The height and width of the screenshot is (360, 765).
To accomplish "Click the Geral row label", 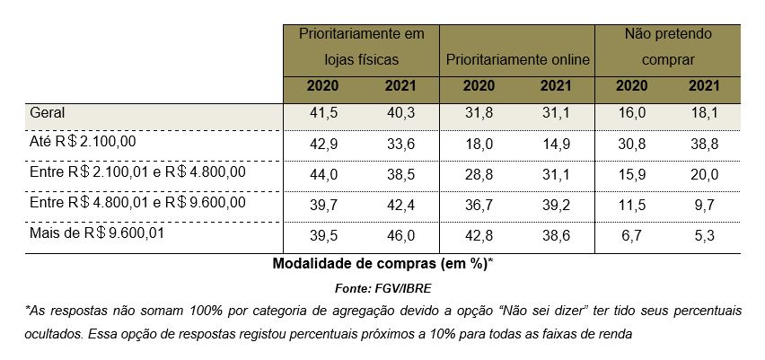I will pos(48,114).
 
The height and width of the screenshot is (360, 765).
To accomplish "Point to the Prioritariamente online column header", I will pos(517,60).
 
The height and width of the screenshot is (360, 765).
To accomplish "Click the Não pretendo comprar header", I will pos(668,48).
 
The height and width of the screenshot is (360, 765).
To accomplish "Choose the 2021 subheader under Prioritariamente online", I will pos(556,87).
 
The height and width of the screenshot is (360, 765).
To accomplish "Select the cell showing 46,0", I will pos(400,236).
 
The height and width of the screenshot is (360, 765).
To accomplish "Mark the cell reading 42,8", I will pos(479,236).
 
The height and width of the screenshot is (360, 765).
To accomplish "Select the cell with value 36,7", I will pos(479,206).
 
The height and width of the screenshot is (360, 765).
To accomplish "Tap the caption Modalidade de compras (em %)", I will pos(382,264).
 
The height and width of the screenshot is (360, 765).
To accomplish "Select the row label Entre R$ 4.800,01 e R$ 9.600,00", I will pos(137,204).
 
